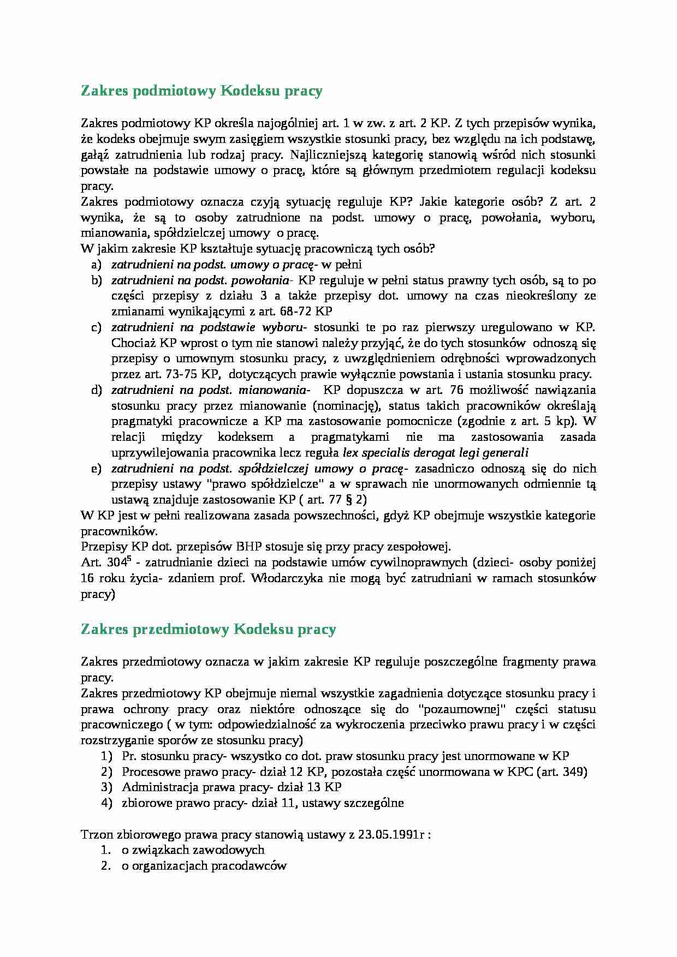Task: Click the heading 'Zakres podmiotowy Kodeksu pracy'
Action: (201, 91)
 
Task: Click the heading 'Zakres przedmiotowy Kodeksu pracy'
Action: (208, 629)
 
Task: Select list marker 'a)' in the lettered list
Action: (97, 265)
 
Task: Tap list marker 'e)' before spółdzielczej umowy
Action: (97, 469)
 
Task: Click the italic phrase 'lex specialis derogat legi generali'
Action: (435, 453)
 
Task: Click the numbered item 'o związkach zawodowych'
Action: (193, 850)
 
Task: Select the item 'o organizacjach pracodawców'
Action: (204, 865)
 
